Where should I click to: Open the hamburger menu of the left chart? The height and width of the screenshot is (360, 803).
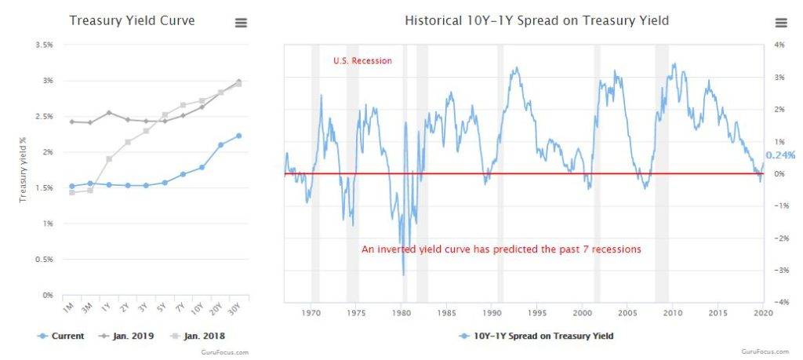[242, 23]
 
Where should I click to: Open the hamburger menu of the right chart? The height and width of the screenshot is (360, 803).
[780, 23]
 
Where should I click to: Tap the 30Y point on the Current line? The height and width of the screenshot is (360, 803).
[238, 136]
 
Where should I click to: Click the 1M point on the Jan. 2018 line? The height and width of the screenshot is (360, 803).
[72, 192]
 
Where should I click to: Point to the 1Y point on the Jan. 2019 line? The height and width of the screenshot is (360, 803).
[109, 113]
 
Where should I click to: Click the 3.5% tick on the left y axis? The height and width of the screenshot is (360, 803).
[44, 45]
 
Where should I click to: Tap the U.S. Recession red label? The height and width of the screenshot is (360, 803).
[362, 60]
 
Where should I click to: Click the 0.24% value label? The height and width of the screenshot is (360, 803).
[780, 155]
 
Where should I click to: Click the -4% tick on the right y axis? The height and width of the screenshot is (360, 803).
[779, 302]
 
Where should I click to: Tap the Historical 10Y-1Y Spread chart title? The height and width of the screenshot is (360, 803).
[536, 20]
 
